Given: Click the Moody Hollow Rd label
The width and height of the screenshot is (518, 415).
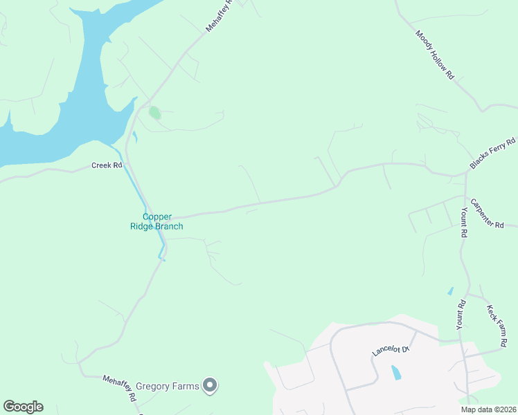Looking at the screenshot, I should click(435, 55).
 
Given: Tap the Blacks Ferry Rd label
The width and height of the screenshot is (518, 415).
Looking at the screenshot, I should click(493, 154).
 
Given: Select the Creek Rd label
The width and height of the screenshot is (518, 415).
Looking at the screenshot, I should click(107, 165).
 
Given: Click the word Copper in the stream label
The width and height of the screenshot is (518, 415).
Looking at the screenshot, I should click(157, 216).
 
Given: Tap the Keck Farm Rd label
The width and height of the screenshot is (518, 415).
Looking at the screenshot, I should click(497, 326).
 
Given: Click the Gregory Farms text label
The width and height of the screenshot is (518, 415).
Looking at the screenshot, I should click(168, 386).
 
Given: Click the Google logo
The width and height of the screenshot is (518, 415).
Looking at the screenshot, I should click(23, 407).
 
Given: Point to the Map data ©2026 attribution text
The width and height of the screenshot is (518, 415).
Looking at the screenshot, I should click(488, 409).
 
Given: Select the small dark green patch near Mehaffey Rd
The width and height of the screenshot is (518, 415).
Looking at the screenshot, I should click(154, 112).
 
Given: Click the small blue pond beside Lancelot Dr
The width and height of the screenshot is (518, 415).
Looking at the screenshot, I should click(395, 373).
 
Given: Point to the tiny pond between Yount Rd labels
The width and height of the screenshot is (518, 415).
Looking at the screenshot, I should click(451, 291).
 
